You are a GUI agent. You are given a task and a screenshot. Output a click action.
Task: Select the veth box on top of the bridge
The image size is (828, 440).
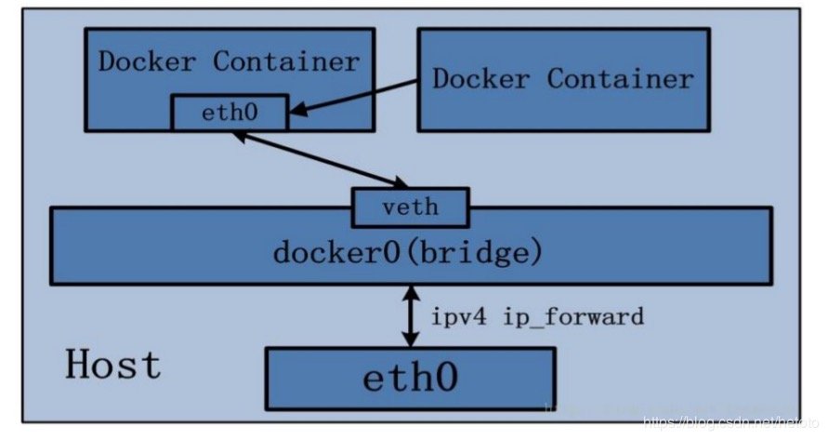click(x=410, y=207)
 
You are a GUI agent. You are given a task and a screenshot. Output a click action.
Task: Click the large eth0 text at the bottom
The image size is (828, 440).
click(x=410, y=380)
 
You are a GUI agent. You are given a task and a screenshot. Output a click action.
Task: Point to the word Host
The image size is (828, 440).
click(x=112, y=364)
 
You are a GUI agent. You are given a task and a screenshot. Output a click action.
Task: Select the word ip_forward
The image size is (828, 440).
click(x=573, y=317)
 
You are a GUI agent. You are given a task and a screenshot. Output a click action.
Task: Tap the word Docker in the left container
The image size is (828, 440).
click(x=150, y=62)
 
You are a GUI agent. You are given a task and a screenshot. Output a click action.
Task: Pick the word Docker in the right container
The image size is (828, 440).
click(x=483, y=78)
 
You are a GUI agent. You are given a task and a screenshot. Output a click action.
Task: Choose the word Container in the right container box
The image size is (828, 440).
click(x=620, y=78)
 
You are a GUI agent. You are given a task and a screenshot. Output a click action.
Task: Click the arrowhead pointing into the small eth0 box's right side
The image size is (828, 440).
click(x=296, y=114)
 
